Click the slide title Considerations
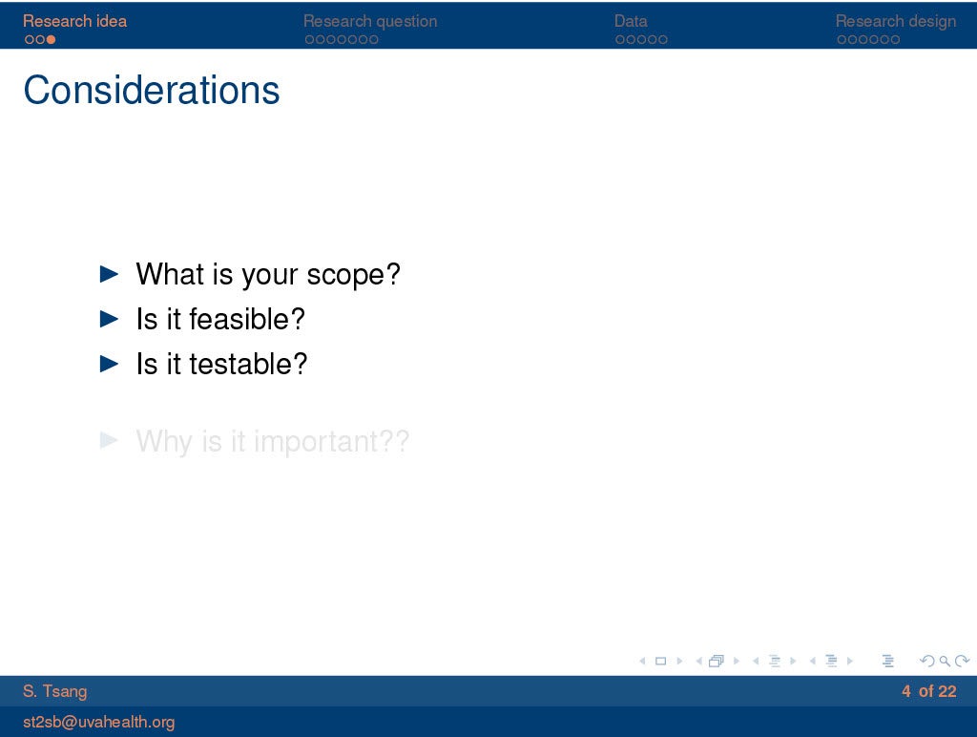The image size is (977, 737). click(x=152, y=90)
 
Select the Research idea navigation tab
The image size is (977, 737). click(x=74, y=21)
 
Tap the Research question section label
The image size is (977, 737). click(x=370, y=21)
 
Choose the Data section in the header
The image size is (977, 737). click(x=631, y=21)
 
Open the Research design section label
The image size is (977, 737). click(x=895, y=21)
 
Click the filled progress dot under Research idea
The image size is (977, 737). click(x=52, y=39)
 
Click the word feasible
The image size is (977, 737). click(x=239, y=319)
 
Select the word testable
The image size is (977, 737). click(x=240, y=364)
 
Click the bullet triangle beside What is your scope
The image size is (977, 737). click(x=109, y=274)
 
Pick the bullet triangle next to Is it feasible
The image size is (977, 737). click(x=109, y=319)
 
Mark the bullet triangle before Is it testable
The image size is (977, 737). click(x=109, y=364)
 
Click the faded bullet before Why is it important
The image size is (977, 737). click(x=109, y=440)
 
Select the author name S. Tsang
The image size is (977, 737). click(x=54, y=691)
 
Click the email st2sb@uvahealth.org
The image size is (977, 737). click(x=98, y=722)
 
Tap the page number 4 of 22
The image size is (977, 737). click(x=928, y=691)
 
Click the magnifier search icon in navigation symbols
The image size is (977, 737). click(x=945, y=661)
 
